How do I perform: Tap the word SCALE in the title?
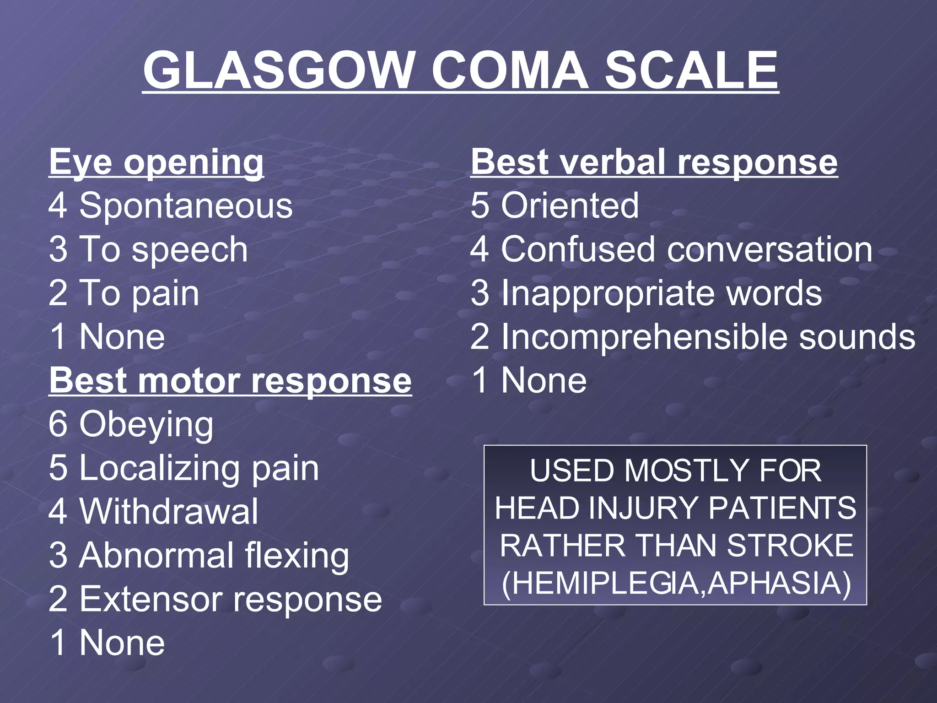coord(691,71)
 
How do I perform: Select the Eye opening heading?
coord(156,162)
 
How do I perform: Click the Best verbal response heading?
coord(654,162)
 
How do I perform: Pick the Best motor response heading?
coord(230,381)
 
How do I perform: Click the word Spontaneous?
coord(186,205)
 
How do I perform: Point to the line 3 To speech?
coord(148,249)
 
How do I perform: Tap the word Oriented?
coord(570,205)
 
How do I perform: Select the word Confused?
coord(578,249)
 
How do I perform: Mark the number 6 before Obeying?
coord(58,424)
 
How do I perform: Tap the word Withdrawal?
coord(168,512)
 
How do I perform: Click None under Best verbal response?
coord(544,380)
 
